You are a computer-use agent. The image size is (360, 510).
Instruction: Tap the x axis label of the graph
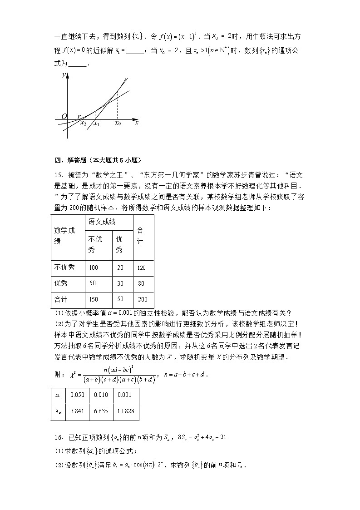coord(136,122)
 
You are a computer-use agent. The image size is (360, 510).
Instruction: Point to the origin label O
coord(64,116)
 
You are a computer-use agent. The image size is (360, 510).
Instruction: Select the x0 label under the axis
coord(118,123)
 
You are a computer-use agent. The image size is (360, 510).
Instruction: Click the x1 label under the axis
coord(96,124)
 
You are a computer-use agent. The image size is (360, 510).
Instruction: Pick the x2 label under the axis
coord(83,123)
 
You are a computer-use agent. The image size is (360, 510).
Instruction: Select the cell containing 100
coord(93,267)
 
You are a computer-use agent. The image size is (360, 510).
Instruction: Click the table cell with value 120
coord(143,267)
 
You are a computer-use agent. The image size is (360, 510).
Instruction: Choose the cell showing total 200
coord(143,299)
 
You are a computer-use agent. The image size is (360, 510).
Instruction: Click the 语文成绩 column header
coord(102,222)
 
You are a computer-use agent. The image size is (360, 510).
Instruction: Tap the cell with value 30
coord(120,283)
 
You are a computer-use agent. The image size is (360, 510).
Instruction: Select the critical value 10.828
coord(126,412)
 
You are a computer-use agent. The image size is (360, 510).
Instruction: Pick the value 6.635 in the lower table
coord(101,412)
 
